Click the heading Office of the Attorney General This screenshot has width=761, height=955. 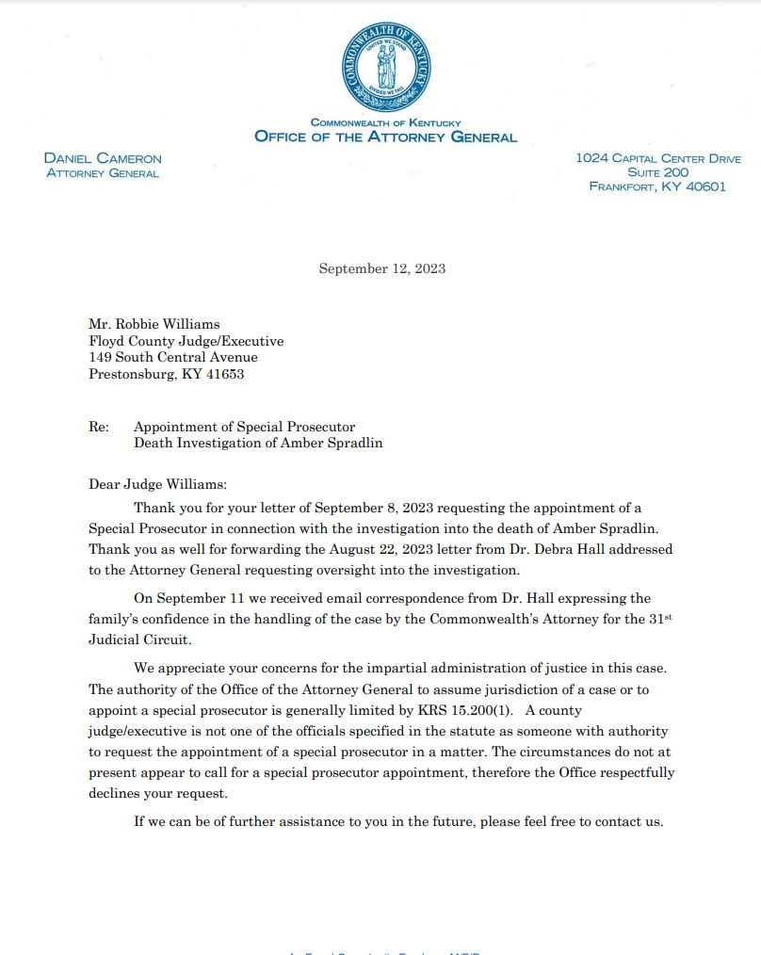(385, 138)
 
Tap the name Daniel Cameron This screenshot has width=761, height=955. (103, 159)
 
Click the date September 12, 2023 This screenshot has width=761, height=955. (381, 268)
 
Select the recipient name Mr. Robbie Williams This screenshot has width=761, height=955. (154, 325)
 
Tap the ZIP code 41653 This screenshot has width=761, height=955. (225, 374)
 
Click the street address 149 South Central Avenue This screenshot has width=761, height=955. (172, 358)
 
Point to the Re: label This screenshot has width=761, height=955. (99, 427)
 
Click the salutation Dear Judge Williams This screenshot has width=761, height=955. (157, 485)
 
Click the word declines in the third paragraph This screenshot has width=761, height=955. (116, 793)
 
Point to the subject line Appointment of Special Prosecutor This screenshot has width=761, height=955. (244, 427)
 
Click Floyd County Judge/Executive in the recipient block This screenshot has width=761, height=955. (186, 341)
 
